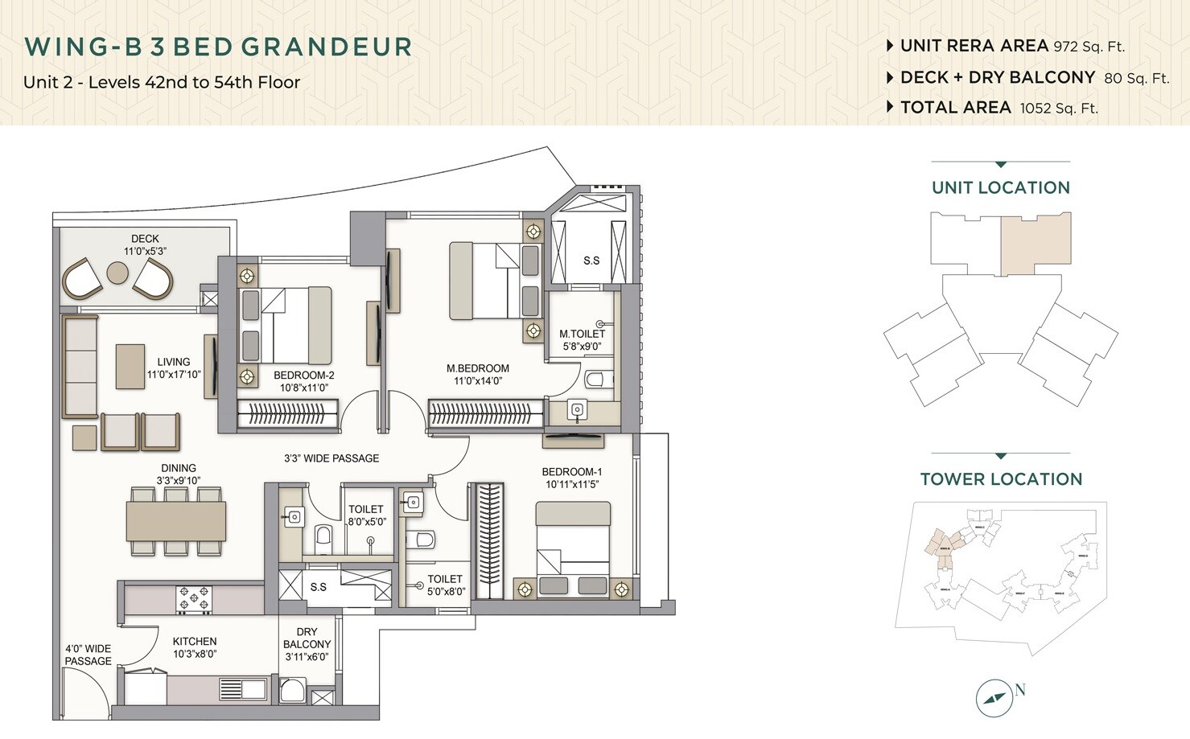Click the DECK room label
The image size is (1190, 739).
point(145,239)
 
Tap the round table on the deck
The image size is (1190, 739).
point(117,274)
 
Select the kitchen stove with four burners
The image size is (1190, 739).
point(195,600)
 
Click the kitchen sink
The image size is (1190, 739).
point(242,689)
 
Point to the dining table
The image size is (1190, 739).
point(175,521)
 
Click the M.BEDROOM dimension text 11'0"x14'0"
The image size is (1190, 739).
point(478,381)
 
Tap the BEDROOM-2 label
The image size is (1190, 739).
point(303,376)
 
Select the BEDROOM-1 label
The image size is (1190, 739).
point(571,472)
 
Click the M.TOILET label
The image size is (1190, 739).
point(582,334)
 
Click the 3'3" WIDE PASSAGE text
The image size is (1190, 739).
point(331,458)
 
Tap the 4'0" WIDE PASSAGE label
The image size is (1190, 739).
point(88,655)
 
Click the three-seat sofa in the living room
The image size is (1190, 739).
point(79,366)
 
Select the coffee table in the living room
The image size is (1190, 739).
point(130,366)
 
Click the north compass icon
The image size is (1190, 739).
point(994,698)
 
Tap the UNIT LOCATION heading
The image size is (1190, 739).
point(1000,187)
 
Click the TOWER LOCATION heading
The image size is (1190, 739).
point(1000,479)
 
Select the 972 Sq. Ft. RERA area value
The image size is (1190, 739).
point(1089,47)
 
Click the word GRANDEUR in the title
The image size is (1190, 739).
point(327,47)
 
